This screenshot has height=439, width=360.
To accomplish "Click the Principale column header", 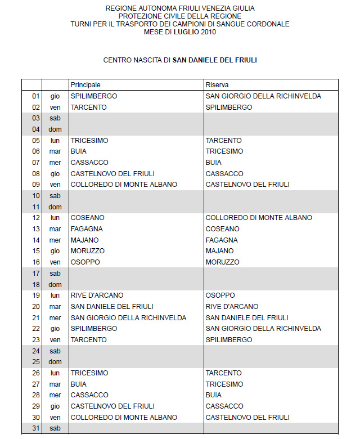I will point(85,84).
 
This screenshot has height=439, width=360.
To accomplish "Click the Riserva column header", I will point(217,84).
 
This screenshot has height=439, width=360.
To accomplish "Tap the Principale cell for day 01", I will point(94,96).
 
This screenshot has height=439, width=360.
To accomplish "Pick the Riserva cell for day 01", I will point(263,96).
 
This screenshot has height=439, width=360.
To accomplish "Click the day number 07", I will point(36,163).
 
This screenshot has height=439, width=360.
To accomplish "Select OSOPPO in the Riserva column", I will point(220,295).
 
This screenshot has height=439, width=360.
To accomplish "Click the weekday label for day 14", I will point(55,240).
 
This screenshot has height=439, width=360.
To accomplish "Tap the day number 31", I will point(36,428).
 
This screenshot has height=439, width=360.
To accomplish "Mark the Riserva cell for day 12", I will point(259,218).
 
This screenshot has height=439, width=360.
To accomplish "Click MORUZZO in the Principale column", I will point(88,251).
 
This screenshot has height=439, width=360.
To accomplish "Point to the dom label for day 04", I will point(55,129).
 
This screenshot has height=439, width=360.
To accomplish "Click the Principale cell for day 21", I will point(128,317).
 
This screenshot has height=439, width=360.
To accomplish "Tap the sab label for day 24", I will point(55,351).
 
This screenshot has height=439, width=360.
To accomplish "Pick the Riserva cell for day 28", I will point(214,395).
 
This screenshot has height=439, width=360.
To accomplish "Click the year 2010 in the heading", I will point(208,32).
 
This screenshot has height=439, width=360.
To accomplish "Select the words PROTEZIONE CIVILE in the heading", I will point(148,16).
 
